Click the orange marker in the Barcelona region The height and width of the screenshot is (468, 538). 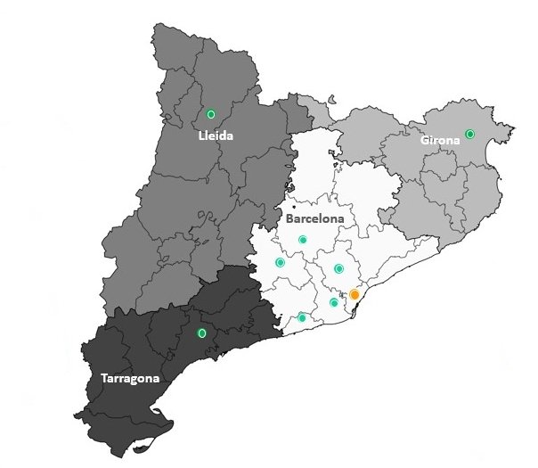tap(354, 294)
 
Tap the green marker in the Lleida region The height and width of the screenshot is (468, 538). tap(211, 114)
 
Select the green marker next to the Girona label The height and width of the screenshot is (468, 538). tap(470, 134)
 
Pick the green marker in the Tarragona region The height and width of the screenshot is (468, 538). tap(201, 333)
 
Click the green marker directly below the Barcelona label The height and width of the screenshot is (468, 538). tap(303, 239)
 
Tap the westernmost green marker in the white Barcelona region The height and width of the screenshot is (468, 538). tap(281, 262)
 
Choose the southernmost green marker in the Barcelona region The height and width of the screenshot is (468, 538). tap(302, 317)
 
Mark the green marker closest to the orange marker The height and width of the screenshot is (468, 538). tap(334, 303)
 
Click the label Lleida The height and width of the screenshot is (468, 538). tap(216, 138)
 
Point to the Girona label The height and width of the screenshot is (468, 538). tap(440, 140)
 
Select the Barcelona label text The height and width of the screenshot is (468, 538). tap(315, 218)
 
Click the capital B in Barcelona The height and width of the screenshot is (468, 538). tap(290, 218)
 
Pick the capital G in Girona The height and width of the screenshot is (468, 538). tap(425, 140)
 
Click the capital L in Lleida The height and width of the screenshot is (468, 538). tap(201, 138)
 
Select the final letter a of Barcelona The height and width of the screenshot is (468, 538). tap(341, 218)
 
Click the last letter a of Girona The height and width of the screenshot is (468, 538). tap(456, 140)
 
